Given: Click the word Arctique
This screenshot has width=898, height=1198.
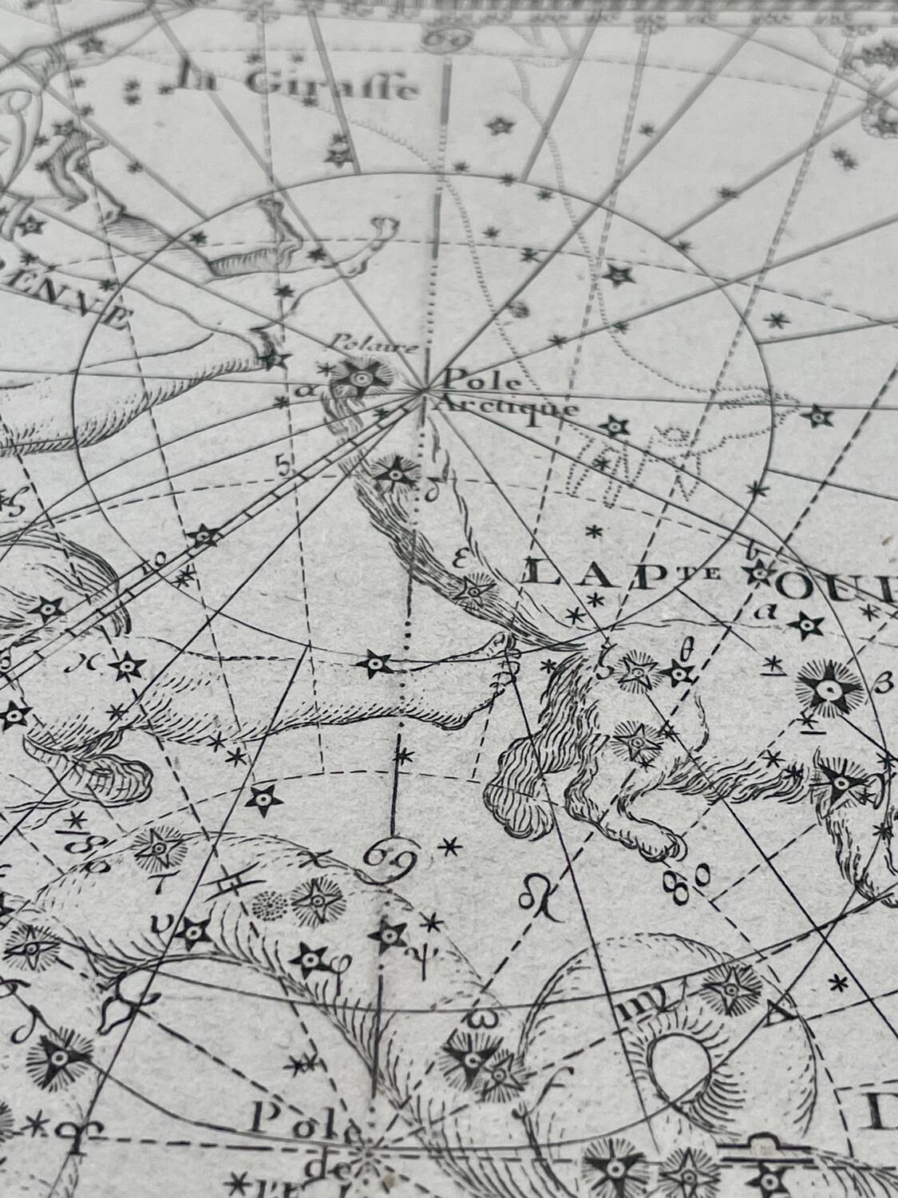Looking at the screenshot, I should tap(507, 408).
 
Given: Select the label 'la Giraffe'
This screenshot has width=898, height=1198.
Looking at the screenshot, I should tap(298, 83).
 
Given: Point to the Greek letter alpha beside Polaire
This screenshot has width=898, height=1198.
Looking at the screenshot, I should tap(301, 391).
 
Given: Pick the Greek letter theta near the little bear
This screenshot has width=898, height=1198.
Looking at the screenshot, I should tap(683, 651).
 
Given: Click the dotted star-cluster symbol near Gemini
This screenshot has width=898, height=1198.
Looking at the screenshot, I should tap(268, 903).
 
